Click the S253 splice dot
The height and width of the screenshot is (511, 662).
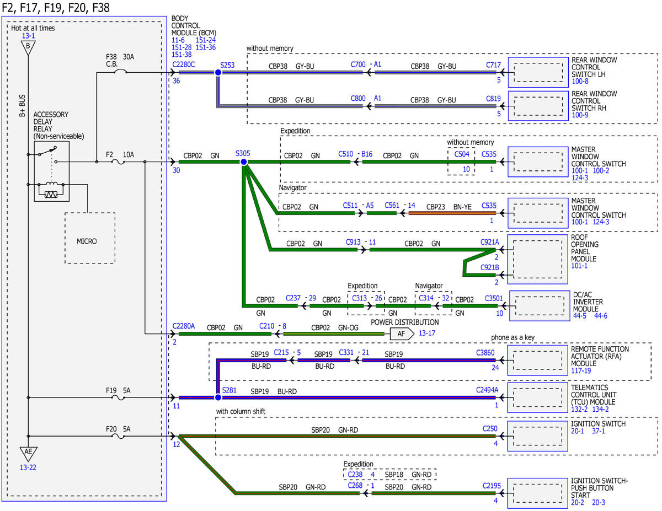coord(218,72)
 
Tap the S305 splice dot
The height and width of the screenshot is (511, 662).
coord(244,162)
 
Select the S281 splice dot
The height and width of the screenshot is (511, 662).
coord(218,397)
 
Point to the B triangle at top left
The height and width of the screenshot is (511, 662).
coord(28,47)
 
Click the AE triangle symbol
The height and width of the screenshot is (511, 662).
coord(28,454)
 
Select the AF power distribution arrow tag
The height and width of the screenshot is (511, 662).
coord(402,334)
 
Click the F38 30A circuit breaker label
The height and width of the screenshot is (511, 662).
coord(120,60)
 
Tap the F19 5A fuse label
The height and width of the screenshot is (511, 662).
coord(118,390)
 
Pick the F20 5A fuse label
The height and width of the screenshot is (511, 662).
coord(118,429)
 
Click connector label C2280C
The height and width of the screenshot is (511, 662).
coord(183,64)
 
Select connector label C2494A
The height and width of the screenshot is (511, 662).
coord(487,390)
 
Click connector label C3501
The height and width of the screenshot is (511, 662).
coord(494,298)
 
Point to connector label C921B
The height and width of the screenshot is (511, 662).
coord(489,267)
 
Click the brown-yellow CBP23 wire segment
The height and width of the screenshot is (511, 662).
coord(452,213)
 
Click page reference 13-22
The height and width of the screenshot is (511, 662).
coord(28,467)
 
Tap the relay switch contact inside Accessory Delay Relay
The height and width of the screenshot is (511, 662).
coord(47,151)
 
